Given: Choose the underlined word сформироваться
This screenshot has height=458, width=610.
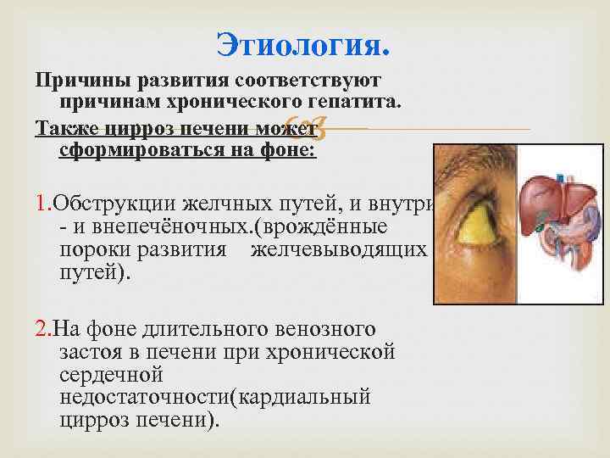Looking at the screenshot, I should pos(141,150).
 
